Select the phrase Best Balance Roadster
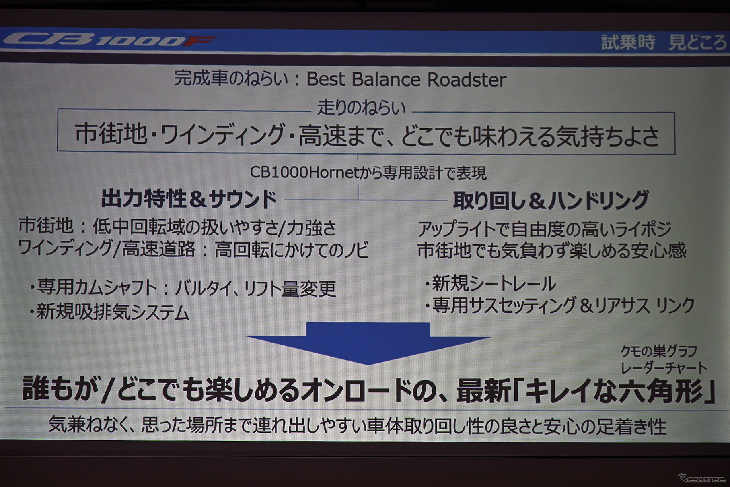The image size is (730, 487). (x=406, y=79)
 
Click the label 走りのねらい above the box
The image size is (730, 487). (x=361, y=107)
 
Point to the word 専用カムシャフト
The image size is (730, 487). (x=97, y=288)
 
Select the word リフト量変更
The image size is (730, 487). (x=290, y=289)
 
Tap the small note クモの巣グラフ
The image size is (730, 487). (x=659, y=351)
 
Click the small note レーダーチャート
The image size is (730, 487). (x=664, y=367)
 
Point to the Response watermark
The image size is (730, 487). (x=702, y=479)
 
